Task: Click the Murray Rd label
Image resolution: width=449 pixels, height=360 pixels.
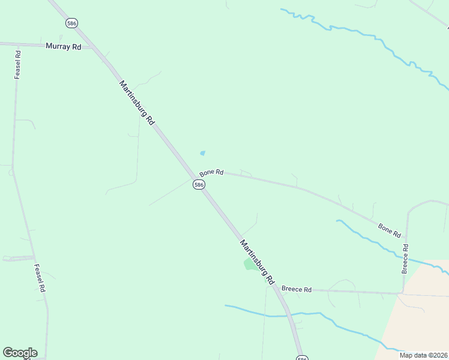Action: [x=63, y=46]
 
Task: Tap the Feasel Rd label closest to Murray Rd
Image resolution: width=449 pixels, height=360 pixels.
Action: [x=18, y=65]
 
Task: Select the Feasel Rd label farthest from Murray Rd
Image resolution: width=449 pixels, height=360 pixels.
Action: [x=40, y=278]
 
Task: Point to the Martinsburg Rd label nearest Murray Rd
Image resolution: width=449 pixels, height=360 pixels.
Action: [x=137, y=102]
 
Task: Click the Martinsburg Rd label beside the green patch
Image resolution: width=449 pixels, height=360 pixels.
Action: [x=257, y=262]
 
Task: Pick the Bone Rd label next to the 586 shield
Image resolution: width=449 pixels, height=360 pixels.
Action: [x=211, y=172]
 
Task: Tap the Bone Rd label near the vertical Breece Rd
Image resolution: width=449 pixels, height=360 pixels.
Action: [x=389, y=230]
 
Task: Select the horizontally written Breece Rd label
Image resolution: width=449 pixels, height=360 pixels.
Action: [x=297, y=290]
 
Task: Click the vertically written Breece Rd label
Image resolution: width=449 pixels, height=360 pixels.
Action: [x=406, y=259]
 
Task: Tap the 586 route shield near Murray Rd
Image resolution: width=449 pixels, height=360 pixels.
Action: [x=72, y=23]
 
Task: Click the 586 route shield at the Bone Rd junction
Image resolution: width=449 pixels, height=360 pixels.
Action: [x=199, y=185]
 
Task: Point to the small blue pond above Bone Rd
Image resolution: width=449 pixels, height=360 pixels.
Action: [x=202, y=153]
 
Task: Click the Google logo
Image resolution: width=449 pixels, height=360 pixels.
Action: [x=20, y=353]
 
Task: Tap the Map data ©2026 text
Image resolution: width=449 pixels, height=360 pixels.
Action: [x=423, y=355]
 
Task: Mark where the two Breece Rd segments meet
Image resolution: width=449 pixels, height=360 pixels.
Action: [x=402, y=293]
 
